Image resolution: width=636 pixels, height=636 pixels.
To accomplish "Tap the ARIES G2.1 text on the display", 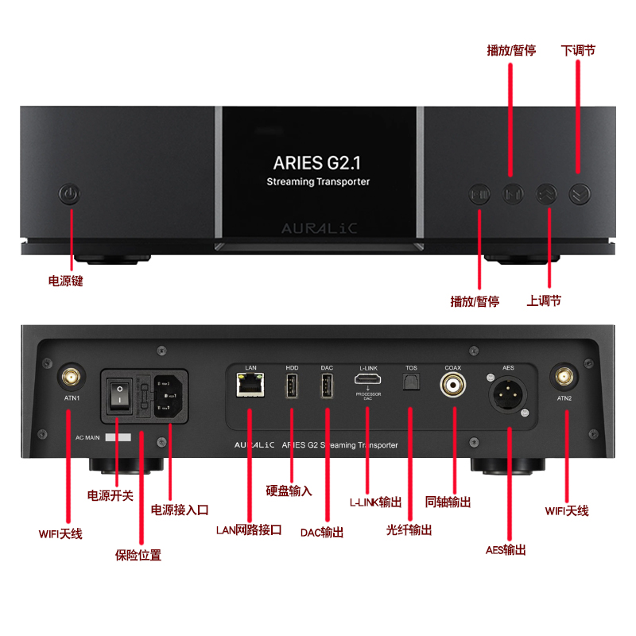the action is tap(317, 163).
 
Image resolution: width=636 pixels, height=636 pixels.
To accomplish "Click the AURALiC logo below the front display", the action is tap(319, 228).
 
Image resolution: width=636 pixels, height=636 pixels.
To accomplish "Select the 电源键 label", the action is tap(66, 281).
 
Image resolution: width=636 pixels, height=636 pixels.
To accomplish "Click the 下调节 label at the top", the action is tap(578, 50).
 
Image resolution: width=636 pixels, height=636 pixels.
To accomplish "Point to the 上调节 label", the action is tap(544, 301).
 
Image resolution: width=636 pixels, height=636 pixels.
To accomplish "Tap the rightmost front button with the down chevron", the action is tap(579, 193).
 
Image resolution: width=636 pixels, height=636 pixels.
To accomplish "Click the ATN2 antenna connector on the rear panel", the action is tap(565, 376).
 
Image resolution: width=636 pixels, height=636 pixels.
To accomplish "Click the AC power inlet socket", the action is tap(170, 394).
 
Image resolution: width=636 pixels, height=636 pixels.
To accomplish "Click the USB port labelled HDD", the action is tap(291, 387).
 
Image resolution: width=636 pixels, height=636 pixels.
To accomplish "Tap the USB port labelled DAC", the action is tap(327, 387).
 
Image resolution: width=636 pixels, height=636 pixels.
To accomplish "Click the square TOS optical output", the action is tap(411, 384).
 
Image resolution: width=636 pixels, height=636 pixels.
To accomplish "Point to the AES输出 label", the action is tap(506, 549).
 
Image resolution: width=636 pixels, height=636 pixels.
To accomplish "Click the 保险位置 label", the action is tap(138, 555).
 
